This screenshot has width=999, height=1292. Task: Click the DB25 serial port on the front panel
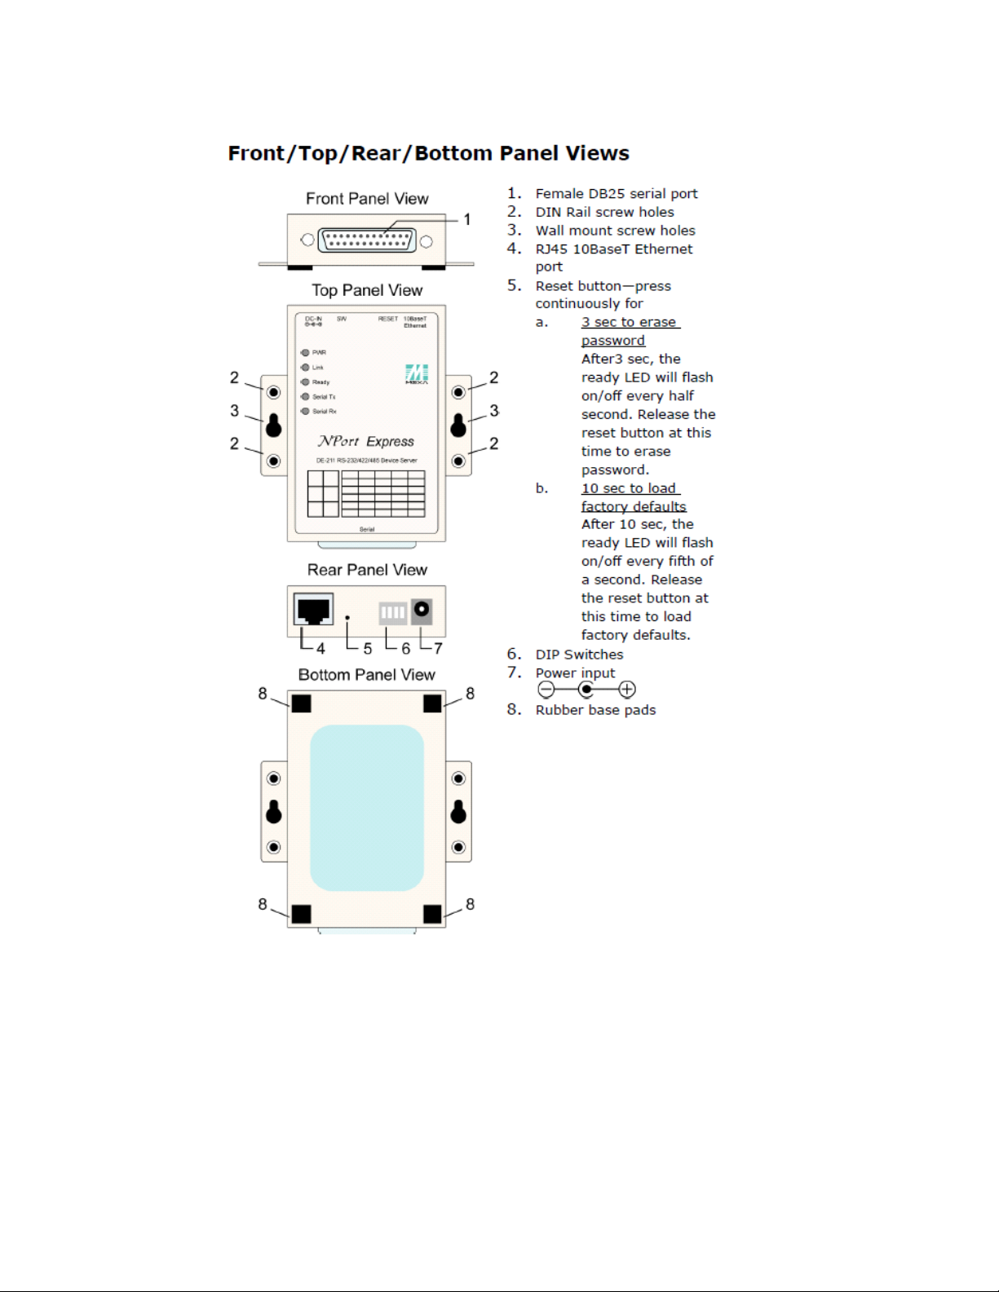pos(367,240)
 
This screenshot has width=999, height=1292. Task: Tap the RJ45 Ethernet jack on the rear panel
pos(313,610)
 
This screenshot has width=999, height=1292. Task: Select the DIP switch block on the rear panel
pos(392,612)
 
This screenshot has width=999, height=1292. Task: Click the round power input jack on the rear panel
pos(422,610)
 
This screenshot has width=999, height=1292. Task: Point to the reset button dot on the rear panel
pos(347,618)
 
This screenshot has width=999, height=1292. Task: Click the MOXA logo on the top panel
pos(417,374)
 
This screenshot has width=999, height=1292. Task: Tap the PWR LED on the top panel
pos(305,353)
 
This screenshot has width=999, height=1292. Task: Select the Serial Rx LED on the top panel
pos(305,412)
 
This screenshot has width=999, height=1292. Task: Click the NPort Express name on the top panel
pos(366,441)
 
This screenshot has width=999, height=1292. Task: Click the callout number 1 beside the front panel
pos(467,219)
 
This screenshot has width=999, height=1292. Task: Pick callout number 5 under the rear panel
pos(368,649)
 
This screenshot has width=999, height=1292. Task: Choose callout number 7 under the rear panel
pos(438,649)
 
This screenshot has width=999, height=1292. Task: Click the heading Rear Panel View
pos(367,570)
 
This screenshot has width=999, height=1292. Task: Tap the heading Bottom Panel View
pos(367,675)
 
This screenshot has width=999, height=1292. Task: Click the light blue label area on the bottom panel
pos(367,807)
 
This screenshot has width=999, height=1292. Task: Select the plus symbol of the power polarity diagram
pos(626,690)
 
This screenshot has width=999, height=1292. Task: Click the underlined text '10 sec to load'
pos(629,488)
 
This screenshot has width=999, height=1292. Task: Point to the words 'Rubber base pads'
pos(595,710)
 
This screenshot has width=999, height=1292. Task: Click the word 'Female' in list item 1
pos(559,194)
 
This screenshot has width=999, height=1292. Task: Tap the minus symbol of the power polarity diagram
pos(546,690)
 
